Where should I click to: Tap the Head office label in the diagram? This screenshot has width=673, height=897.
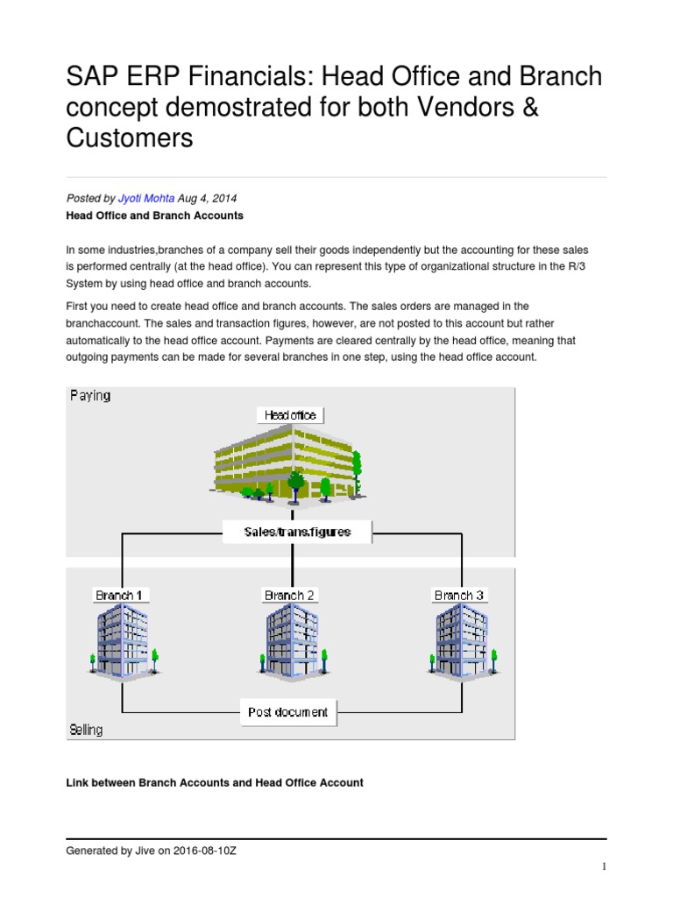290,414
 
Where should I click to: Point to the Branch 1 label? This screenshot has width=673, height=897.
121,596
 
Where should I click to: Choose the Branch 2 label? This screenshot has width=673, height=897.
290,596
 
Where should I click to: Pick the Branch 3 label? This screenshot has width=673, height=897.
459,596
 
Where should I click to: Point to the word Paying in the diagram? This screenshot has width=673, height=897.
90,396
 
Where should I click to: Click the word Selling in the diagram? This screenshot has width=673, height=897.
86,730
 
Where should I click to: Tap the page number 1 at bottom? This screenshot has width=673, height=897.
604,866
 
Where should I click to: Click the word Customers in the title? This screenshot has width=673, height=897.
130,138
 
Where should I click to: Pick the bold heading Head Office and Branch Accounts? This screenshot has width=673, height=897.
155,215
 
